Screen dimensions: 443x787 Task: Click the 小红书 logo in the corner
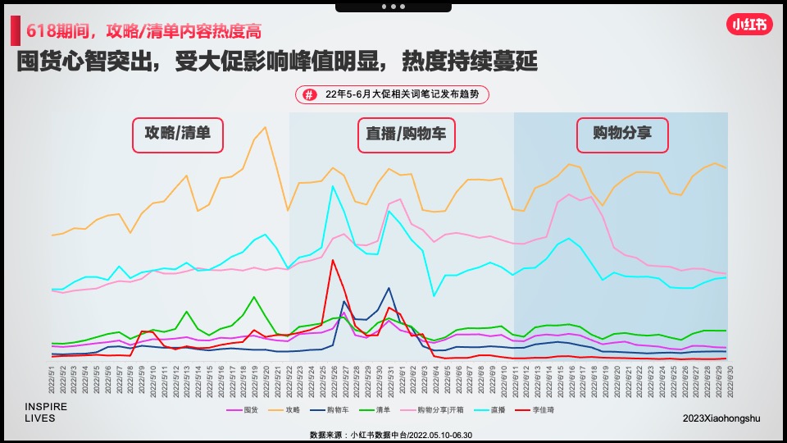[x=750, y=25]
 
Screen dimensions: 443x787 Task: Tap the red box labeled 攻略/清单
[x=178, y=135]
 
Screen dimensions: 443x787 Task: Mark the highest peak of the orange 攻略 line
[x=265, y=127]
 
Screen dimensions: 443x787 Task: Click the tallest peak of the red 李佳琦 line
[x=333, y=260]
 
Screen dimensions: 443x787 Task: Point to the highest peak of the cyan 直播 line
[x=333, y=186]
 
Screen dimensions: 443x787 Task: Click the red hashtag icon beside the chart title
[x=309, y=95]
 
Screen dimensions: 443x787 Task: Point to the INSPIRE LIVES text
[x=46, y=413]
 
